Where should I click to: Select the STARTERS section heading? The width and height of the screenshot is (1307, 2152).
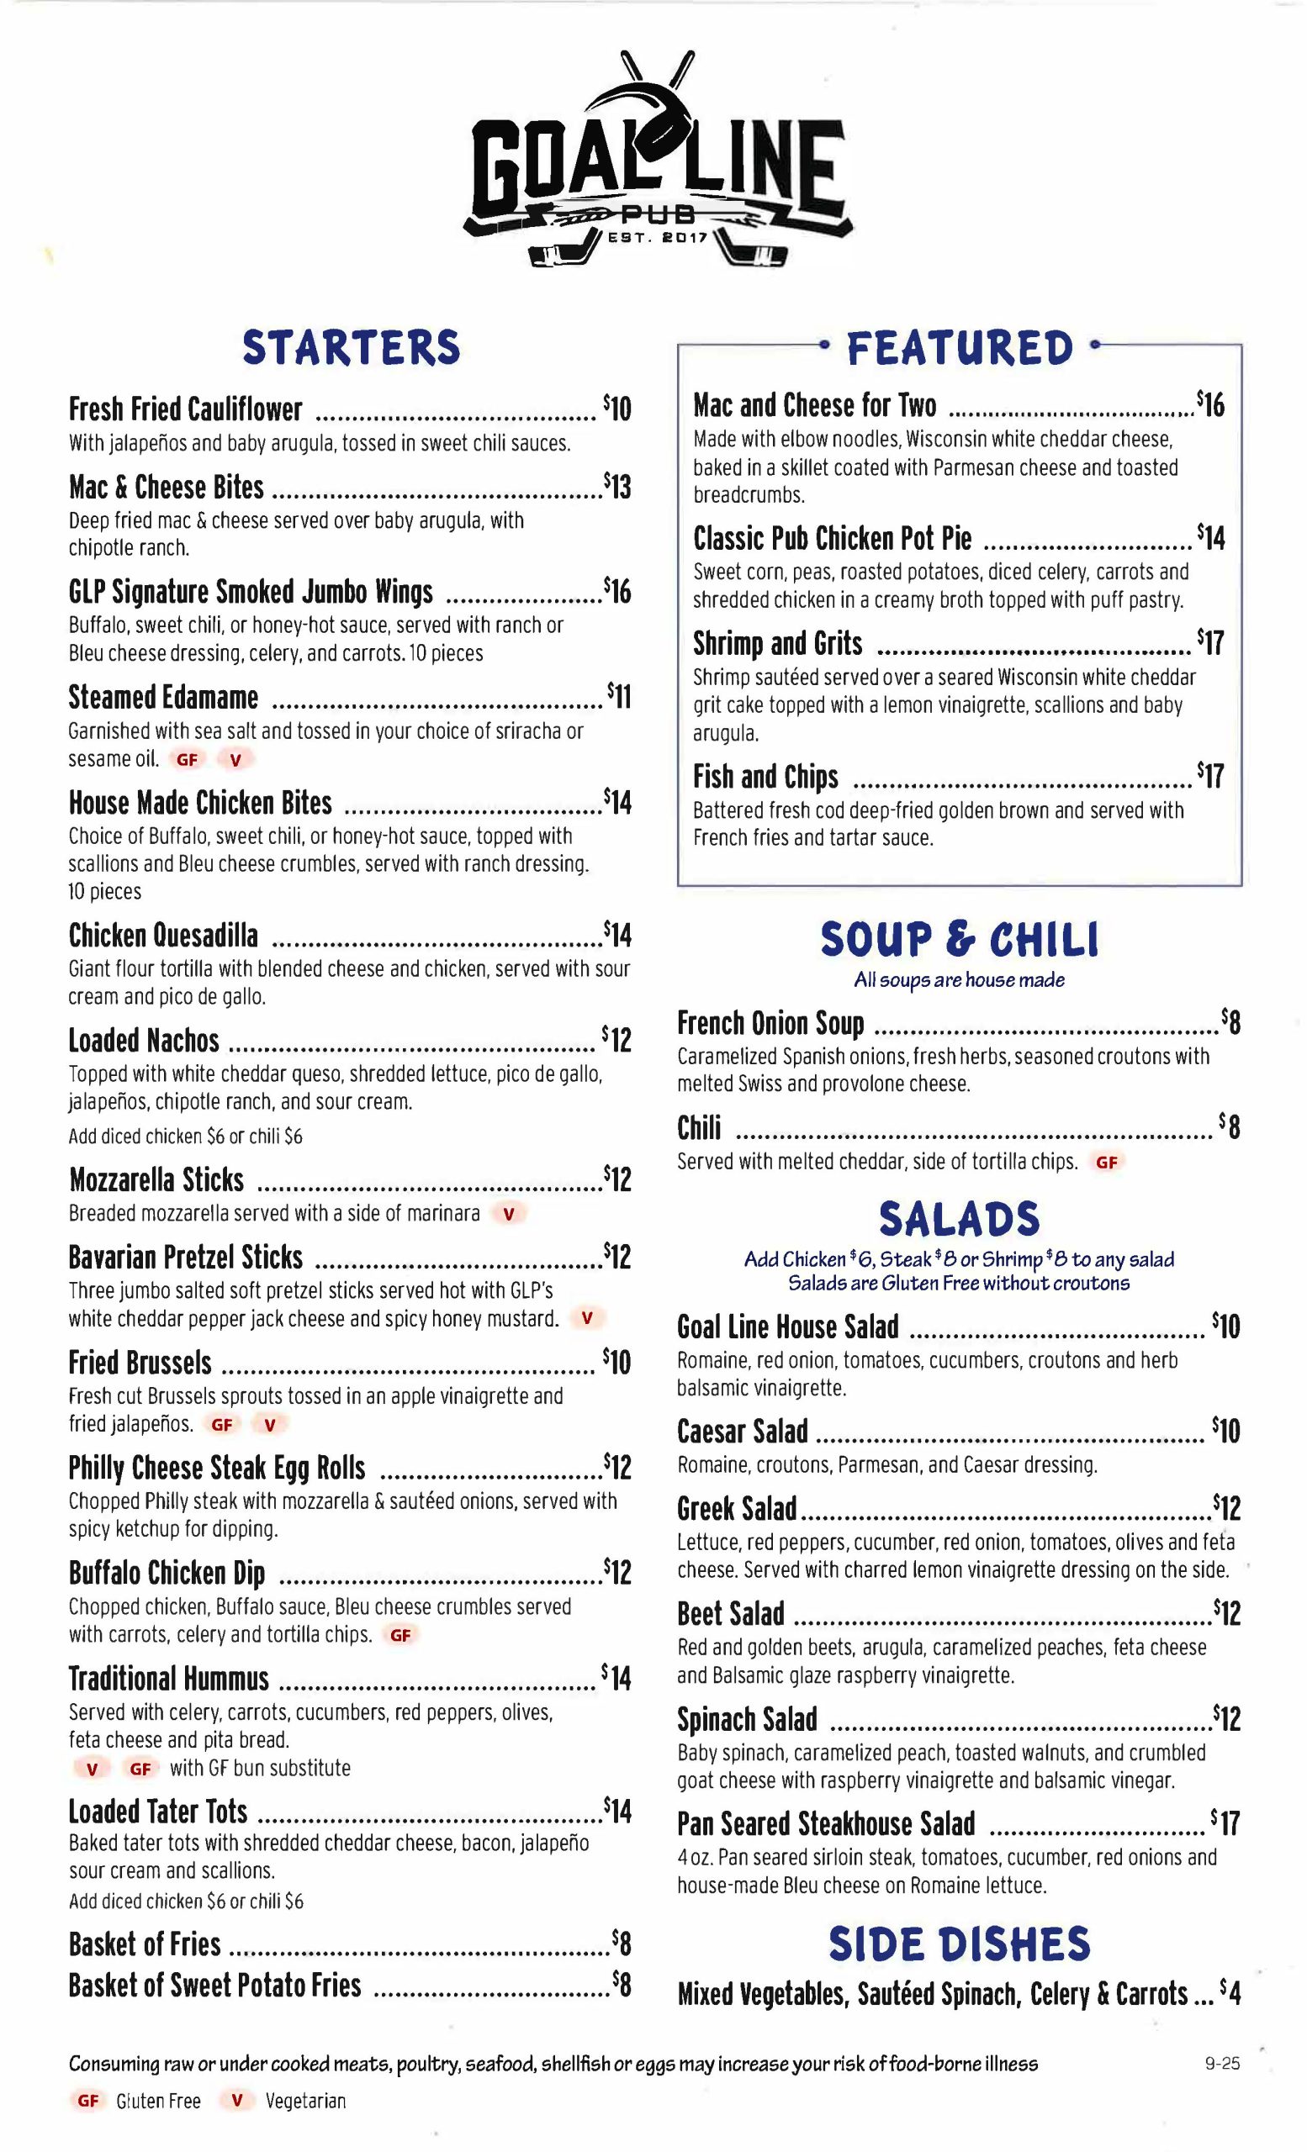click(x=352, y=348)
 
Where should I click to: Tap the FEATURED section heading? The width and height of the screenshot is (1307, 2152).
click(x=960, y=348)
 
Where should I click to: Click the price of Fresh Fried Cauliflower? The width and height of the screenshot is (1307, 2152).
click(x=616, y=408)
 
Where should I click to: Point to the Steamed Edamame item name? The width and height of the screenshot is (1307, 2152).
click(x=163, y=698)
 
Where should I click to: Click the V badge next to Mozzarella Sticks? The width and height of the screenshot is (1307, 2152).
click(x=509, y=1214)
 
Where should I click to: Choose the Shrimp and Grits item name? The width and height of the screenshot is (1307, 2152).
click(x=778, y=644)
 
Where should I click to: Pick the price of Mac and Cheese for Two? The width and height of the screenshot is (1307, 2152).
click(x=1211, y=404)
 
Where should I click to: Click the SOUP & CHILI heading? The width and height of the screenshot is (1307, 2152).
click(x=960, y=940)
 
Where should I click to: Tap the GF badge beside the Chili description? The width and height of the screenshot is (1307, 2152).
click(x=1106, y=1163)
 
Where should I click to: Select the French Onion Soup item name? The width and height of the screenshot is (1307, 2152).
click(x=770, y=1024)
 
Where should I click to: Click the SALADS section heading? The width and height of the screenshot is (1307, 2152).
click(x=960, y=1219)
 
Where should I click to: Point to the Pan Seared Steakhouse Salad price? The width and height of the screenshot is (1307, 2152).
click(x=1225, y=1823)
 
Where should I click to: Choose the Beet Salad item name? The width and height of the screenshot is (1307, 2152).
click(x=730, y=1614)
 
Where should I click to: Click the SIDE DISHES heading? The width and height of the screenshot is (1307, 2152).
click(x=960, y=1945)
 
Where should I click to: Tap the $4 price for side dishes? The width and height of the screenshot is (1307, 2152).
click(x=1230, y=1994)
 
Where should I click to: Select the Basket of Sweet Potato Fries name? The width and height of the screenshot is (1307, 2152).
click(x=215, y=1986)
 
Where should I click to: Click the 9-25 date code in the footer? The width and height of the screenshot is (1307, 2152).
click(x=1222, y=2065)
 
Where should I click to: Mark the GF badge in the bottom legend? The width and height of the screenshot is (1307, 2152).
click(x=88, y=2102)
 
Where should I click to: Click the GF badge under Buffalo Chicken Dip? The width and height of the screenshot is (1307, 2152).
click(x=400, y=1635)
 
